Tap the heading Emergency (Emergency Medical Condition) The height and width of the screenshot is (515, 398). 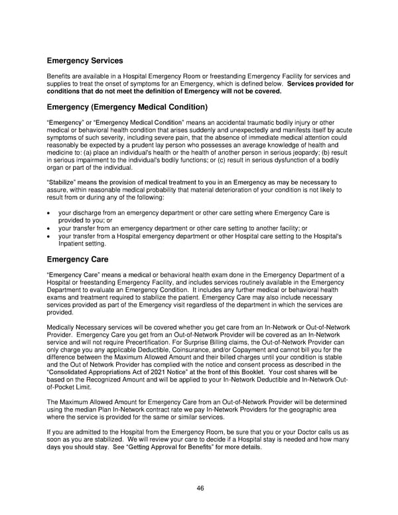coord(127,107)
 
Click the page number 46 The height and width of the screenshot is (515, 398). coord(200,488)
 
